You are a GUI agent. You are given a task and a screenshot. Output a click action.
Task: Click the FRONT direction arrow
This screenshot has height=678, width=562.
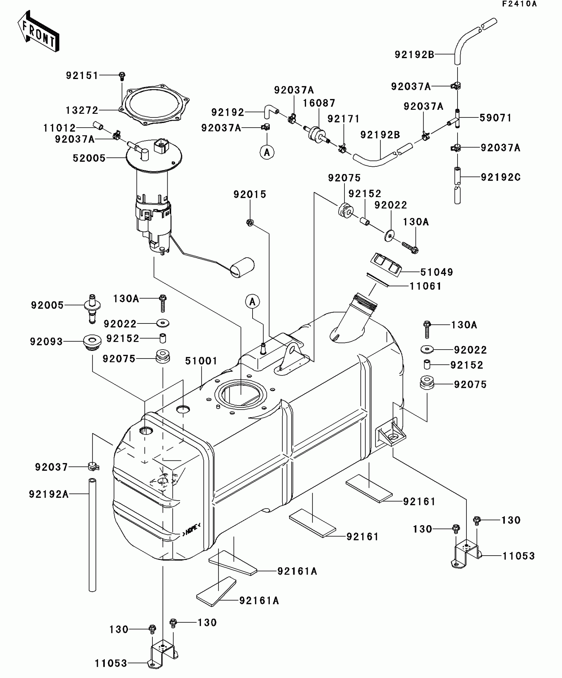pyautogui.click(x=38, y=31)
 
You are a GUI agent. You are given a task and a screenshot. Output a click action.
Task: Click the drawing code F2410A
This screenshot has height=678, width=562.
pyautogui.click(x=519, y=4)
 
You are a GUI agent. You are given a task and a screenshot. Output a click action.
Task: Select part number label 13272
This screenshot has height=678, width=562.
pyautogui.click(x=82, y=110)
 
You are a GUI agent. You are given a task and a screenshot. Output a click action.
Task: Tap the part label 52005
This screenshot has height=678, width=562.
pyautogui.click(x=89, y=158)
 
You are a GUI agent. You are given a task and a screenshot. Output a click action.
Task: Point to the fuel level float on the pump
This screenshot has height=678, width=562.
pyautogui.click(x=242, y=267)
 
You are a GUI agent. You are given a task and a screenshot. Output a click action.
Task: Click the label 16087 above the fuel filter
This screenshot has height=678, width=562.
pyautogui.click(x=319, y=103)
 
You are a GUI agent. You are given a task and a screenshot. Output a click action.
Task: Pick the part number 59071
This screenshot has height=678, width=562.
pyautogui.click(x=495, y=118)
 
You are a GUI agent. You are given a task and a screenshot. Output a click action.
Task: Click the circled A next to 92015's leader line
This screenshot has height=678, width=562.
pyautogui.click(x=253, y=302)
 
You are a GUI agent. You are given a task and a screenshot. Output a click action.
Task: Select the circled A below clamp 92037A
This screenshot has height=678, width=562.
pyautogui.click(x=267, y=152)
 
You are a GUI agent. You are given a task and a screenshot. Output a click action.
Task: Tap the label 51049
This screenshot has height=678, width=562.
pyautogui.click(x=436, y=272)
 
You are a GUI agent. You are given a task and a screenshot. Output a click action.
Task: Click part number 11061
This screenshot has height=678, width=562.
pyautogui.click(x=425, y=286)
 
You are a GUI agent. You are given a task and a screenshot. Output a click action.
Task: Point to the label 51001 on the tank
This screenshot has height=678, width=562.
pyautogui.click(x=201, y=361)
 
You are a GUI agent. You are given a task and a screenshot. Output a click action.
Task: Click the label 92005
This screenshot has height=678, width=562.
pyautogui.click(x=47, y=305)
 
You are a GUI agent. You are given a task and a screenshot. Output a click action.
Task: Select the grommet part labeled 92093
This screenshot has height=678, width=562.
pyautogui.click(x=92, y=342)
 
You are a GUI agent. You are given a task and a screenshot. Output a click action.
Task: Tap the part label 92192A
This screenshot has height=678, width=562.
pyautogui.click(x=49, y=494)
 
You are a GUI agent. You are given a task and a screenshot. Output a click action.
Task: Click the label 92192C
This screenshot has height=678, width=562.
pyautogui.click(x=501, y=177)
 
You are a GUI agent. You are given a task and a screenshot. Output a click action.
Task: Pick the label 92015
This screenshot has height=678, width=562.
pyautogui.click(x=250, y=194)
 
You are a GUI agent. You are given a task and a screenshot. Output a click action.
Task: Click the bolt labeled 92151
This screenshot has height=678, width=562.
pyautogui.click(x=122, y=76)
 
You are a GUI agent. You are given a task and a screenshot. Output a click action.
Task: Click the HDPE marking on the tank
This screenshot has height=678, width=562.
pyautogui.click(x=191, y=530)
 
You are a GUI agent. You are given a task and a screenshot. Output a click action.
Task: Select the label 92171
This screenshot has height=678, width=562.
pyautogui.click(x=343, y=119)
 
